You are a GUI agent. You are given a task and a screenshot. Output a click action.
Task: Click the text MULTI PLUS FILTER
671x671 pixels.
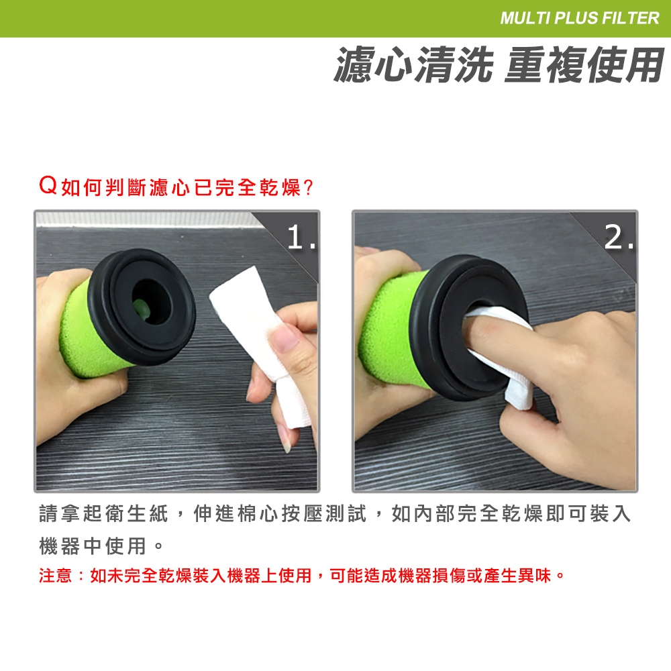[x=580, y=18]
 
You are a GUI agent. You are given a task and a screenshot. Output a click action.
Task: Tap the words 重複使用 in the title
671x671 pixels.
[x=584, y=64]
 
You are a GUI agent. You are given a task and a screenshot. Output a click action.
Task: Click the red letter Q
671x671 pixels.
[x=48, y=186]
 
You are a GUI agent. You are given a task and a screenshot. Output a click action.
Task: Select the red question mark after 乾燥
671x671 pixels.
[x=308, y=187]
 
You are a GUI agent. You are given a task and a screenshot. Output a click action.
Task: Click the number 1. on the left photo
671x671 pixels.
[x=301, y=237]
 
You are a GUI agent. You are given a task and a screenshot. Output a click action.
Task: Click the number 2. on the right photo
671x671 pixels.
[x=619, y=237]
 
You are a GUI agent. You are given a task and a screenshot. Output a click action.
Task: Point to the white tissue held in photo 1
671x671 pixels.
[x=265, y=342]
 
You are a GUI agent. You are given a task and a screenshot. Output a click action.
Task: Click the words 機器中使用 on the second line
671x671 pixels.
[x=93, y=546]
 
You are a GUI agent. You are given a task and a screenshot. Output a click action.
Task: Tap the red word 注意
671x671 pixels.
[x=55, y=576]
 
